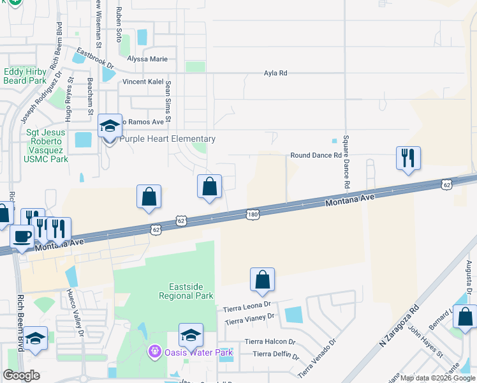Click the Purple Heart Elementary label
click(x=168, y=139)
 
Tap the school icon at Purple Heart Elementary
click(x=110, y=126)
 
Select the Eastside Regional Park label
click(x=186, y=292)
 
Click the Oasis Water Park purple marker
click(x=153, y=351)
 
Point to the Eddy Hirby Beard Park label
click(x=24, y=77)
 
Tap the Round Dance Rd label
click(x=316, y=155)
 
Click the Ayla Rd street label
click(x=275, y=73)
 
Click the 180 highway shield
click(x=253, y=215)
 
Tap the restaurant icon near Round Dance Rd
click(x=408, y=158)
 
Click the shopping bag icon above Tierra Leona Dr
click(x=262, y=280)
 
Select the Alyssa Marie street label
click(x=147, y=59)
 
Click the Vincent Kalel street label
click(x=143, y=82)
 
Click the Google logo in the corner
click(x=21, y=375)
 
